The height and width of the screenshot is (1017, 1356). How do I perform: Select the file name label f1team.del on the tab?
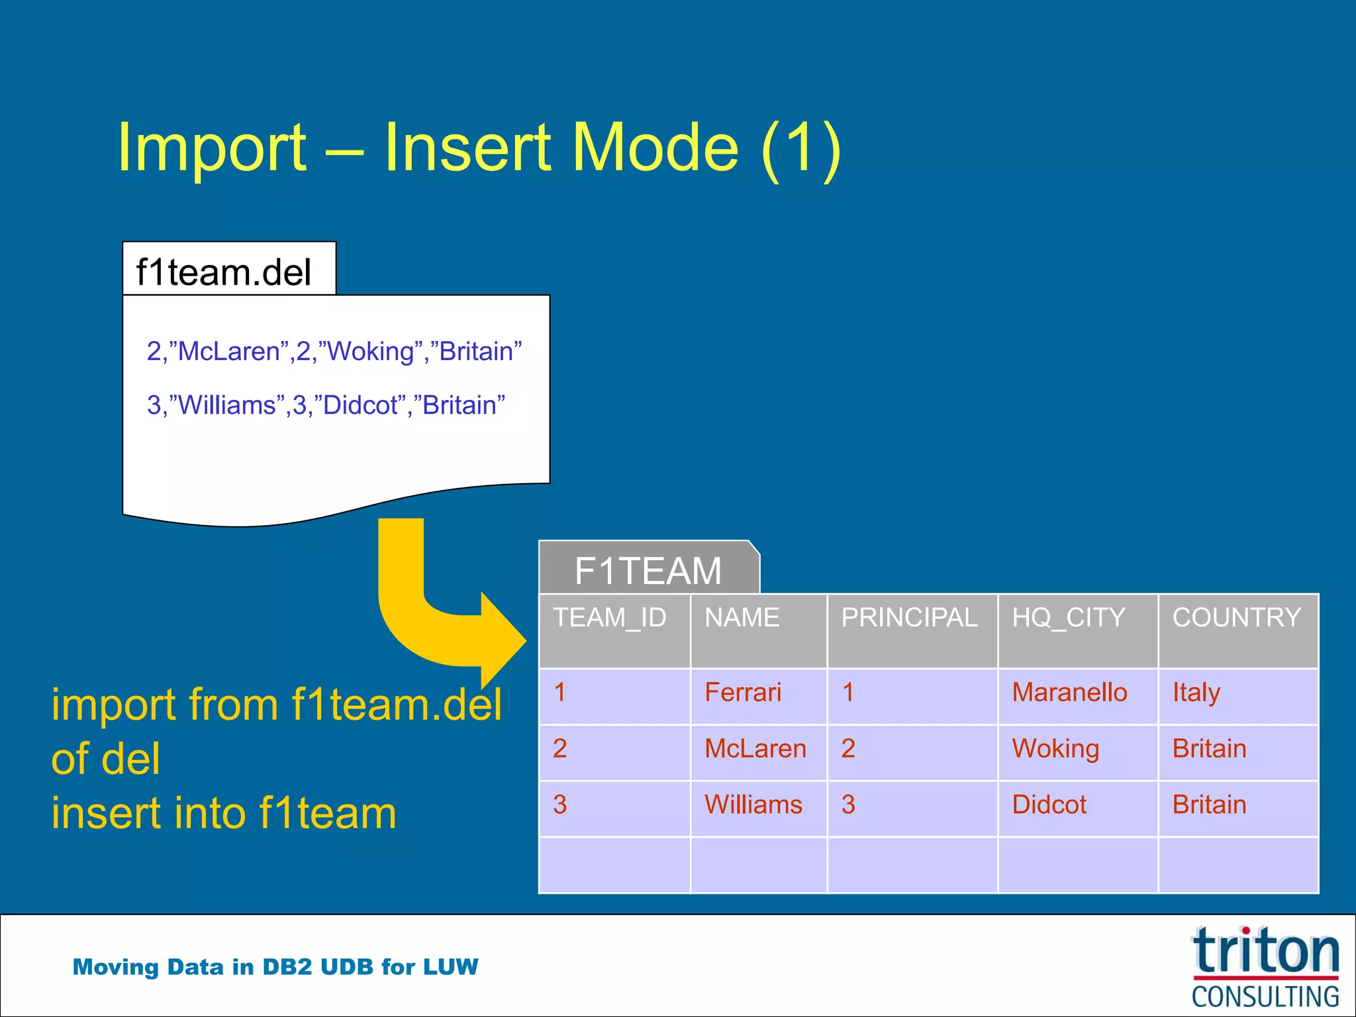click(x=223, y=272)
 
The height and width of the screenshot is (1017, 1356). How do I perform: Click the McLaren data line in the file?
click(x=334, y=351)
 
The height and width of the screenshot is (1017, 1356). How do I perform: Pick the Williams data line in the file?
click(x=326, y=405)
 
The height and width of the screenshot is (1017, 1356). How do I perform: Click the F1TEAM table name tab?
click(x=648, y=570)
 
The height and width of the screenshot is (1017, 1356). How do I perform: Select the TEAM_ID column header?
click(x=610, y=618)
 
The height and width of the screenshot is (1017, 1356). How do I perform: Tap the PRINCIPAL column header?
click(x=909, y=618)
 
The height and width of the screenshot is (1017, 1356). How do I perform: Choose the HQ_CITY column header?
click(x=1068, y=618)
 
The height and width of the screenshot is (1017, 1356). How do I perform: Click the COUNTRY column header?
click(x=1236, y=618)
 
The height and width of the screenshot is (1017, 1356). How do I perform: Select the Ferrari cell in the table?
click(x=743, y=693)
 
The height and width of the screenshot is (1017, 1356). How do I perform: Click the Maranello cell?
click(x=1069, y=693)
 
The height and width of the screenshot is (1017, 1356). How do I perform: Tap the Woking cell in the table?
click(x=1055, y=749)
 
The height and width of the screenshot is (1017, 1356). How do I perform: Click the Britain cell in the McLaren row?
click(x=1209, y=749)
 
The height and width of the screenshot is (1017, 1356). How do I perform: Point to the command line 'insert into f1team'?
click(x=224, y=813)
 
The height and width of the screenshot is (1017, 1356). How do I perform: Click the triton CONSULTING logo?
click(x=1265, y=967)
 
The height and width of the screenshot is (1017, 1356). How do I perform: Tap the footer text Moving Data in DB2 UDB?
click(x=275, y=967)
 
